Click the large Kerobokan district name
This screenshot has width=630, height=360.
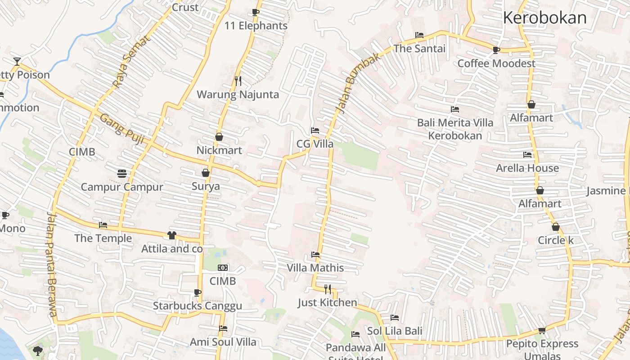544,18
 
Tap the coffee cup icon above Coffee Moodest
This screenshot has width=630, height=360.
496,50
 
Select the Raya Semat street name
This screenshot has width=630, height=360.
130,61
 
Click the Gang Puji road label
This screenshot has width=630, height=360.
121,129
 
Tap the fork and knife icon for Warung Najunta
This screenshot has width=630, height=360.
238,81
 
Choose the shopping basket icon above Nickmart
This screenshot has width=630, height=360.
219,137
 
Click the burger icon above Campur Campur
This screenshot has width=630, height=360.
121,173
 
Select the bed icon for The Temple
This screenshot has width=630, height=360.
103,225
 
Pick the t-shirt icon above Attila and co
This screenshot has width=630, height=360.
171,235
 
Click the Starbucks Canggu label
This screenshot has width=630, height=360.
198,306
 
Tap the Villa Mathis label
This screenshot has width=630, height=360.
315,268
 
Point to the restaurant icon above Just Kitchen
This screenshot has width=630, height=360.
328,289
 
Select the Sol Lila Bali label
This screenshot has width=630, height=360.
395,331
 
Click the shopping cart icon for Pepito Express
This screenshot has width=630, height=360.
542,331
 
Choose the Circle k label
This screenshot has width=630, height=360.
556,240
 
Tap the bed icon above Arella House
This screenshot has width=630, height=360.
527,155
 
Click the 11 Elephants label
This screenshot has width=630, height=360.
256,26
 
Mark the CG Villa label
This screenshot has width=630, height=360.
315,144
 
